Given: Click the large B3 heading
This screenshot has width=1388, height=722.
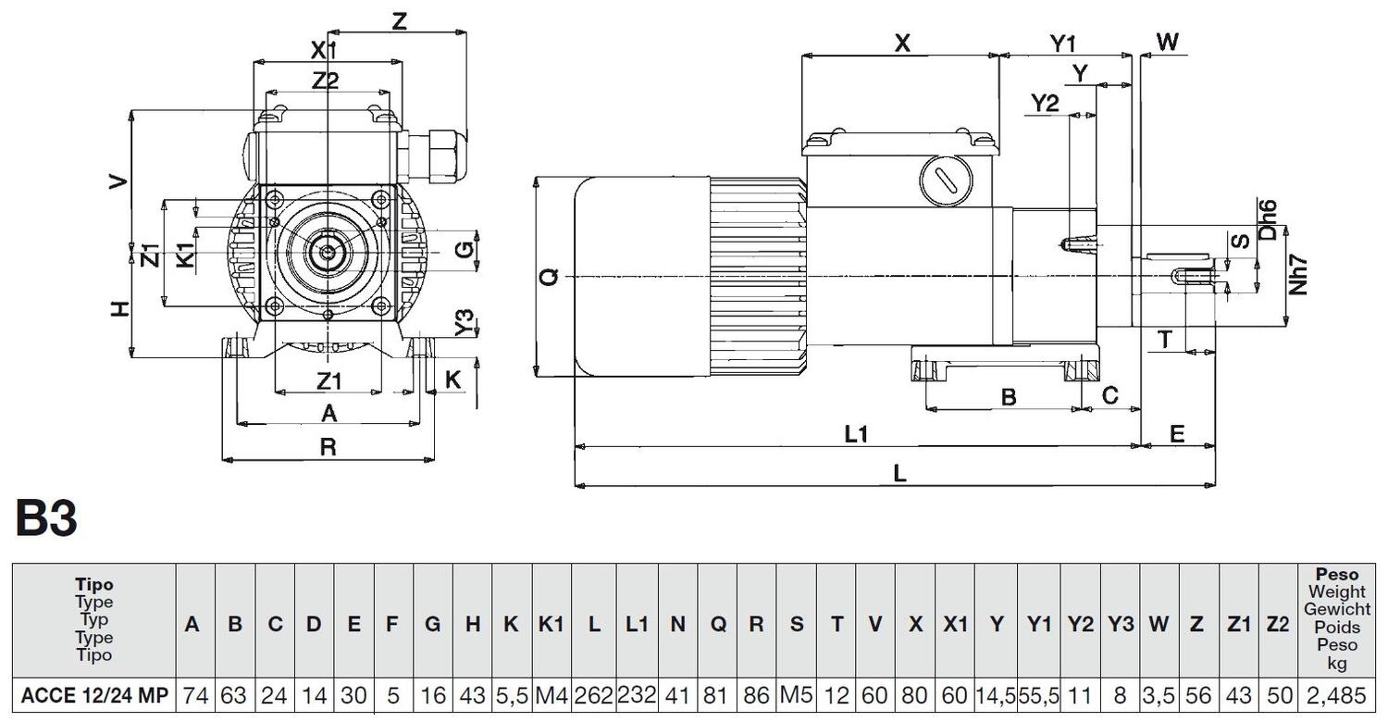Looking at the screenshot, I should coord(46,519).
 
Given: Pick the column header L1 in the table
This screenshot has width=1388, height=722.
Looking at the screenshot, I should coord(637,624).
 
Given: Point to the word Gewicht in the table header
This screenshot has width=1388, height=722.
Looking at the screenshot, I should coord(1337,609).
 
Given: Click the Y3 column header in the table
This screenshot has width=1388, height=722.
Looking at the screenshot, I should coord(1120,624).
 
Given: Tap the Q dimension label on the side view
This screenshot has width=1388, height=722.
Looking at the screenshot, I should coord(550,276).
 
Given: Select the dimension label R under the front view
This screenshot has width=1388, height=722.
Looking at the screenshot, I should coord(328,447).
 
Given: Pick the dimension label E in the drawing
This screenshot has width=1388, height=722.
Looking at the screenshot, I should coord(1177,433).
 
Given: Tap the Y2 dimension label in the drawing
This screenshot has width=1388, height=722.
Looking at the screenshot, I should coord(1045,103).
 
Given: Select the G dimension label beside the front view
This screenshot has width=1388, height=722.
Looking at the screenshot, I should coord(467,248).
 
